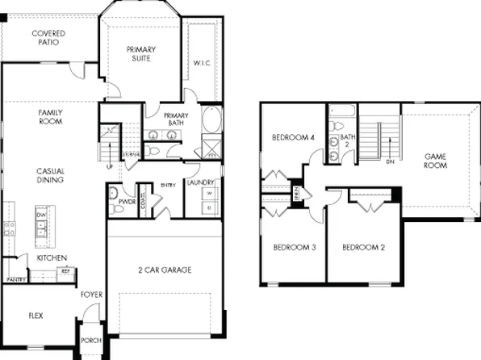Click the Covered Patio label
tap(48, 38)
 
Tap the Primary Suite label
tap(140, 54)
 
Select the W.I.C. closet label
tap(202, 62)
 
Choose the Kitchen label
tap(52, 257)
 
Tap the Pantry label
tap(16, 279)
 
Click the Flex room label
tap(36, 316)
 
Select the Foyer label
tap(91, 295)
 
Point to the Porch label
tap(91, 341)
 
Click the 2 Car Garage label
tap(164, 270)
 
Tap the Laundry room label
tap(199, 183)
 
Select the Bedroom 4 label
tap(292, 136)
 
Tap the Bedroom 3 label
tap(293, 247)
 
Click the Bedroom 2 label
tap(362, 247)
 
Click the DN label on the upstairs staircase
tap(389, 161)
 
